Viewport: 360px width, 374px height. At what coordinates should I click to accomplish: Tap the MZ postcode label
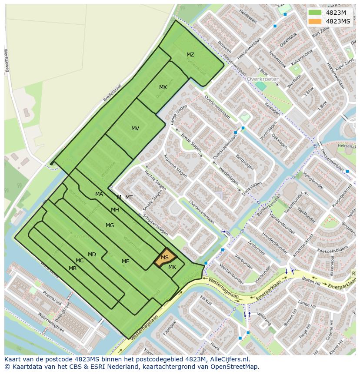(x=190, y=55)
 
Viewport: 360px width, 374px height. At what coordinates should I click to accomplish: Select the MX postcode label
(x=163, y=87)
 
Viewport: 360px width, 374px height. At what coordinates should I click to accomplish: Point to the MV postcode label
(x=135, y=129)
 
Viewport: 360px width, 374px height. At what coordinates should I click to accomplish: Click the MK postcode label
(x=172, y=267)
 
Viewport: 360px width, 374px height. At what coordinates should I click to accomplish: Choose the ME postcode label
(x=126, y=261)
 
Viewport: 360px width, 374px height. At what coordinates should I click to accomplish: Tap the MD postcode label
(x=92, y=255)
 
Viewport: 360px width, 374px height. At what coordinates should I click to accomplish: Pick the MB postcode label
(x=73, y=268)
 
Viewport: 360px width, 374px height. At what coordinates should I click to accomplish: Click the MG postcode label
(x=110, y=225)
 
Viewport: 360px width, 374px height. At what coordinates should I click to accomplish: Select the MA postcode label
(x=99, y=194)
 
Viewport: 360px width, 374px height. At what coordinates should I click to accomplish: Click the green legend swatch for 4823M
(x=315, y=13)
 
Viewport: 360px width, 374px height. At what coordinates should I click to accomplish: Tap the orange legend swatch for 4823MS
(x=315, y=21)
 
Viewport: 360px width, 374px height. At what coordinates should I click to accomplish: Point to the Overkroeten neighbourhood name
(x=263, y=79)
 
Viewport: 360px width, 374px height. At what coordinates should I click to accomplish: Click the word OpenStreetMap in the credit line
(x=234, y=367)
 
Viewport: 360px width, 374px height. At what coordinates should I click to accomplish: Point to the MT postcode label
(x=129, y=198)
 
